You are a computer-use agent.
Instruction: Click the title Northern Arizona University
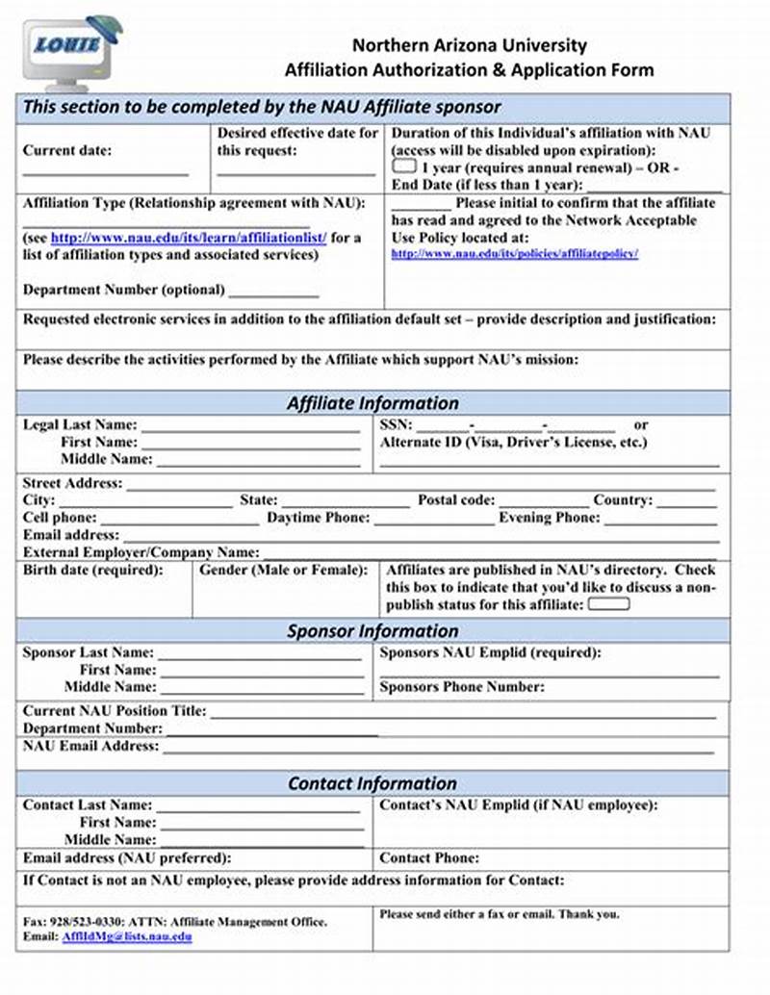pyautogui.click(x=469, y=45)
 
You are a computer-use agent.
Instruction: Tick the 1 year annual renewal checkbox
pyautogui.click(x=403, y=166)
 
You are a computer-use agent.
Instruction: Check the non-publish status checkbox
pyautogui.click(x=608, y=604)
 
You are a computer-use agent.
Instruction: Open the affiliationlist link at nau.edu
pyautogui.click(x=189, y=238)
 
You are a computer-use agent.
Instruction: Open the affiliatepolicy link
pyautogui.click(x=514, y=254)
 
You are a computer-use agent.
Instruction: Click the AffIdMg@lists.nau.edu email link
pyautogui.click(x=127, y=936)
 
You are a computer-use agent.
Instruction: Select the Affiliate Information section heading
pyautogui.click(x=372, y=403)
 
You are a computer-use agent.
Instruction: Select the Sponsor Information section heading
pyautogui.click(x=372, y=631)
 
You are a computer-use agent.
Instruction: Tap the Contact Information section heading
pyautogui.click(x=372, y=783)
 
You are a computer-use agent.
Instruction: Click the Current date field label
pyautogui.click(x=67, y=150)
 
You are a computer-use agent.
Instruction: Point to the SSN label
pyautogui.click(x=396, y=424)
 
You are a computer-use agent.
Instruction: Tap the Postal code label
pyautogui.click(x=456, y=500)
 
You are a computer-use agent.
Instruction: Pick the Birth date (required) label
pyautogui.click(x=93, y=571)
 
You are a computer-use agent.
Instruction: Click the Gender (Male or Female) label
pyautogui.click(x=283, y=571)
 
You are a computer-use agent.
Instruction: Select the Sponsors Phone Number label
pyautogui.click(x=462, y=687)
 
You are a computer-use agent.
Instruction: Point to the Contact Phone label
pyautogui.click(x=428, y=857)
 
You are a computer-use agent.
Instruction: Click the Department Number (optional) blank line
pyautogui.click(x=273, y=293)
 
